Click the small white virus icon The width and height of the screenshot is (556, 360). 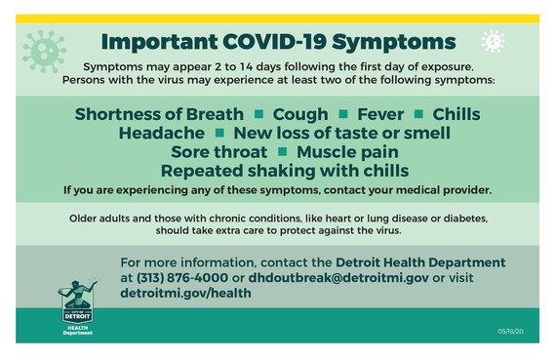[494, 41]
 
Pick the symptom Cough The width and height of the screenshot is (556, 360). [300, 114]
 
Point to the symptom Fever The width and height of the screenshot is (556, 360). [379, 114]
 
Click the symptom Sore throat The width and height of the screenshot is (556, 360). [218, 151]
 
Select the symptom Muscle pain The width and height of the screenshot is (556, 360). [347, 151]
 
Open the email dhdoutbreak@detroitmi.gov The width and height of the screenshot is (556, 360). [338, 278]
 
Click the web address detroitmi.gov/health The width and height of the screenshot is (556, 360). [185, 293]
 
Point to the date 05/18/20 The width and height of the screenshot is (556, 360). [508, 333]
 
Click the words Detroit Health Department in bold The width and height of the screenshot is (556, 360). [420, 262]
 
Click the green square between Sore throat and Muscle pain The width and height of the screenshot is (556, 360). [282, 151]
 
